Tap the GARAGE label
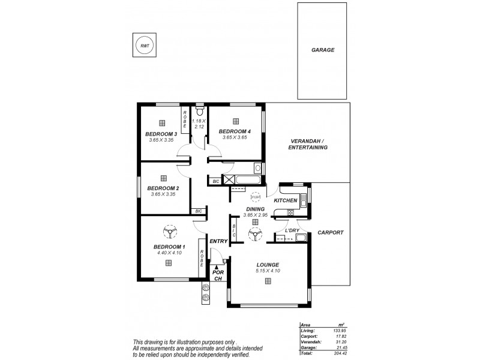pyautogui.click(x=323, y=50)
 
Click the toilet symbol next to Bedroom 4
pyautogui.click(x=200, y=112)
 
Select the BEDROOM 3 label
pyautogui.click(x=161, y=133)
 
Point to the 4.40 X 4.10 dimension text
pyautogui.click(x=169, y=253)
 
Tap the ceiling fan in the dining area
pyautogui.click(x=256, y=233)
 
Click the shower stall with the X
pyautogui.click(x=229, y=179)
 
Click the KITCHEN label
pyautogui.click(x=286, y=200)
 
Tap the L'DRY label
pyautogui.click(x=292, y=230)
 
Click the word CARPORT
pyautogui.click(x=330, y=232)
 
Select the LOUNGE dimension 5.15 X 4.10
pyautogui.click(x=267, y=271)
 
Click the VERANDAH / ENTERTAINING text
pyautogui.click(x=308, y=144)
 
